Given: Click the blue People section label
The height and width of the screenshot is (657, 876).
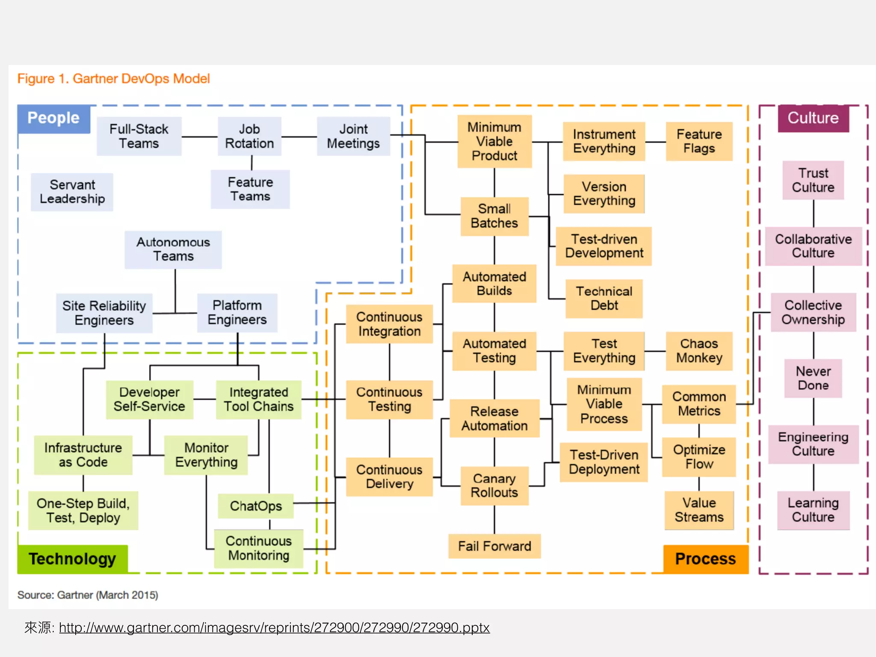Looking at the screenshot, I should [53, 118].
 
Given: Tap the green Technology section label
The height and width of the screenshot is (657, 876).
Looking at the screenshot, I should [72, 559].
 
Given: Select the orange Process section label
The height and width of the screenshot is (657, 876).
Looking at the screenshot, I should [705, 559].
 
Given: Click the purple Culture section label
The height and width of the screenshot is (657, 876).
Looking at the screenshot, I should [813, 118].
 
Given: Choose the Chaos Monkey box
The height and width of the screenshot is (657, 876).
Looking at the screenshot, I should [699, 351].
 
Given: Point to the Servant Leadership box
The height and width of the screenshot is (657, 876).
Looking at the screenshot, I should [72, 192].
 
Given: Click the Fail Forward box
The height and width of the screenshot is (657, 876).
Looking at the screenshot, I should [494, 546].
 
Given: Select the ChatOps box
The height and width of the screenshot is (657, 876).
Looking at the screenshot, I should [256, 506].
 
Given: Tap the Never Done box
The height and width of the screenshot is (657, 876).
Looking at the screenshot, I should [813, 378].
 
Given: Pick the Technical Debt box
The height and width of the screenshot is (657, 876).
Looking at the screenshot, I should [604, 299].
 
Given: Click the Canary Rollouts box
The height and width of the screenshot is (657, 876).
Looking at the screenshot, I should [494, 485].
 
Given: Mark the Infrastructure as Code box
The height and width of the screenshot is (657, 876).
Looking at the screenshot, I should [83, 455].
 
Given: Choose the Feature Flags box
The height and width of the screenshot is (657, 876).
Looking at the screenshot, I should [699, 141].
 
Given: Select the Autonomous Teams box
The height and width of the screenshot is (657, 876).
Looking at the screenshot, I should [173, 249].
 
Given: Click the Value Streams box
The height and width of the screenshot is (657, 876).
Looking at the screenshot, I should [699, 510].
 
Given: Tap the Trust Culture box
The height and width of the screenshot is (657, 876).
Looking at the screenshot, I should [813, 180].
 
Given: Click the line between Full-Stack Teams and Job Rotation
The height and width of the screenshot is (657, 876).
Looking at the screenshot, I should [199, 137].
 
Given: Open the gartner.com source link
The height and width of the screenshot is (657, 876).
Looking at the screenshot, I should [274, 627].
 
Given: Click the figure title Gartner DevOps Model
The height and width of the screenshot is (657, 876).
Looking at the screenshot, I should [114, 79].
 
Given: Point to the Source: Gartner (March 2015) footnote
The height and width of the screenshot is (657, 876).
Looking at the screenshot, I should [88, 595].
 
